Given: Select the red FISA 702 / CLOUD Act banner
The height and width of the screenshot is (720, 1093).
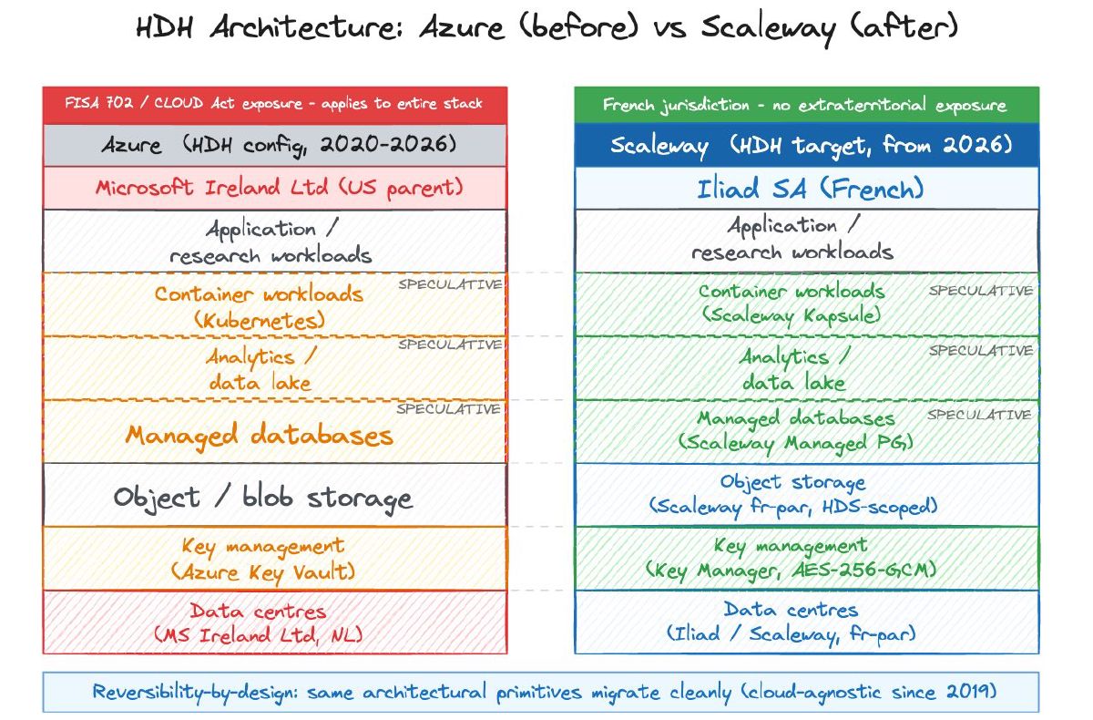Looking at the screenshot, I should point(274,104).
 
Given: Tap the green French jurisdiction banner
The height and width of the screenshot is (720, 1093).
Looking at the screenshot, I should point(805,105).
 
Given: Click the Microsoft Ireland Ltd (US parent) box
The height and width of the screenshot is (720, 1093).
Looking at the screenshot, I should point(274,189).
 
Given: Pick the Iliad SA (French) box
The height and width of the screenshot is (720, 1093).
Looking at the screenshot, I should point(805,189).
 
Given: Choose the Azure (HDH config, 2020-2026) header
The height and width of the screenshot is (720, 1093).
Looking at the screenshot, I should point(274,146).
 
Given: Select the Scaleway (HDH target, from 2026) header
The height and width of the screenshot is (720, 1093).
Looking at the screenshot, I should point(805,146).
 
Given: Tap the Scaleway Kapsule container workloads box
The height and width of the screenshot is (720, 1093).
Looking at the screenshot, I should point(791,303).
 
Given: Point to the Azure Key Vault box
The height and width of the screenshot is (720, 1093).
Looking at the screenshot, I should point(263,559).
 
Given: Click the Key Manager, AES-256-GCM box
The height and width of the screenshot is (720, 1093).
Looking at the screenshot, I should point(791,558).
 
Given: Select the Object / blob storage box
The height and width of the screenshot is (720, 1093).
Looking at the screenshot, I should point(263,497).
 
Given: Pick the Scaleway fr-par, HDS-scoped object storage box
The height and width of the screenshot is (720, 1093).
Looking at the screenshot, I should point(792,493).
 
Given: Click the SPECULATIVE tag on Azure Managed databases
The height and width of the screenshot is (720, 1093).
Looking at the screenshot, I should point(448,409).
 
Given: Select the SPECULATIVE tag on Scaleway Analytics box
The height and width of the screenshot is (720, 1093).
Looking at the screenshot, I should point(981,351).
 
